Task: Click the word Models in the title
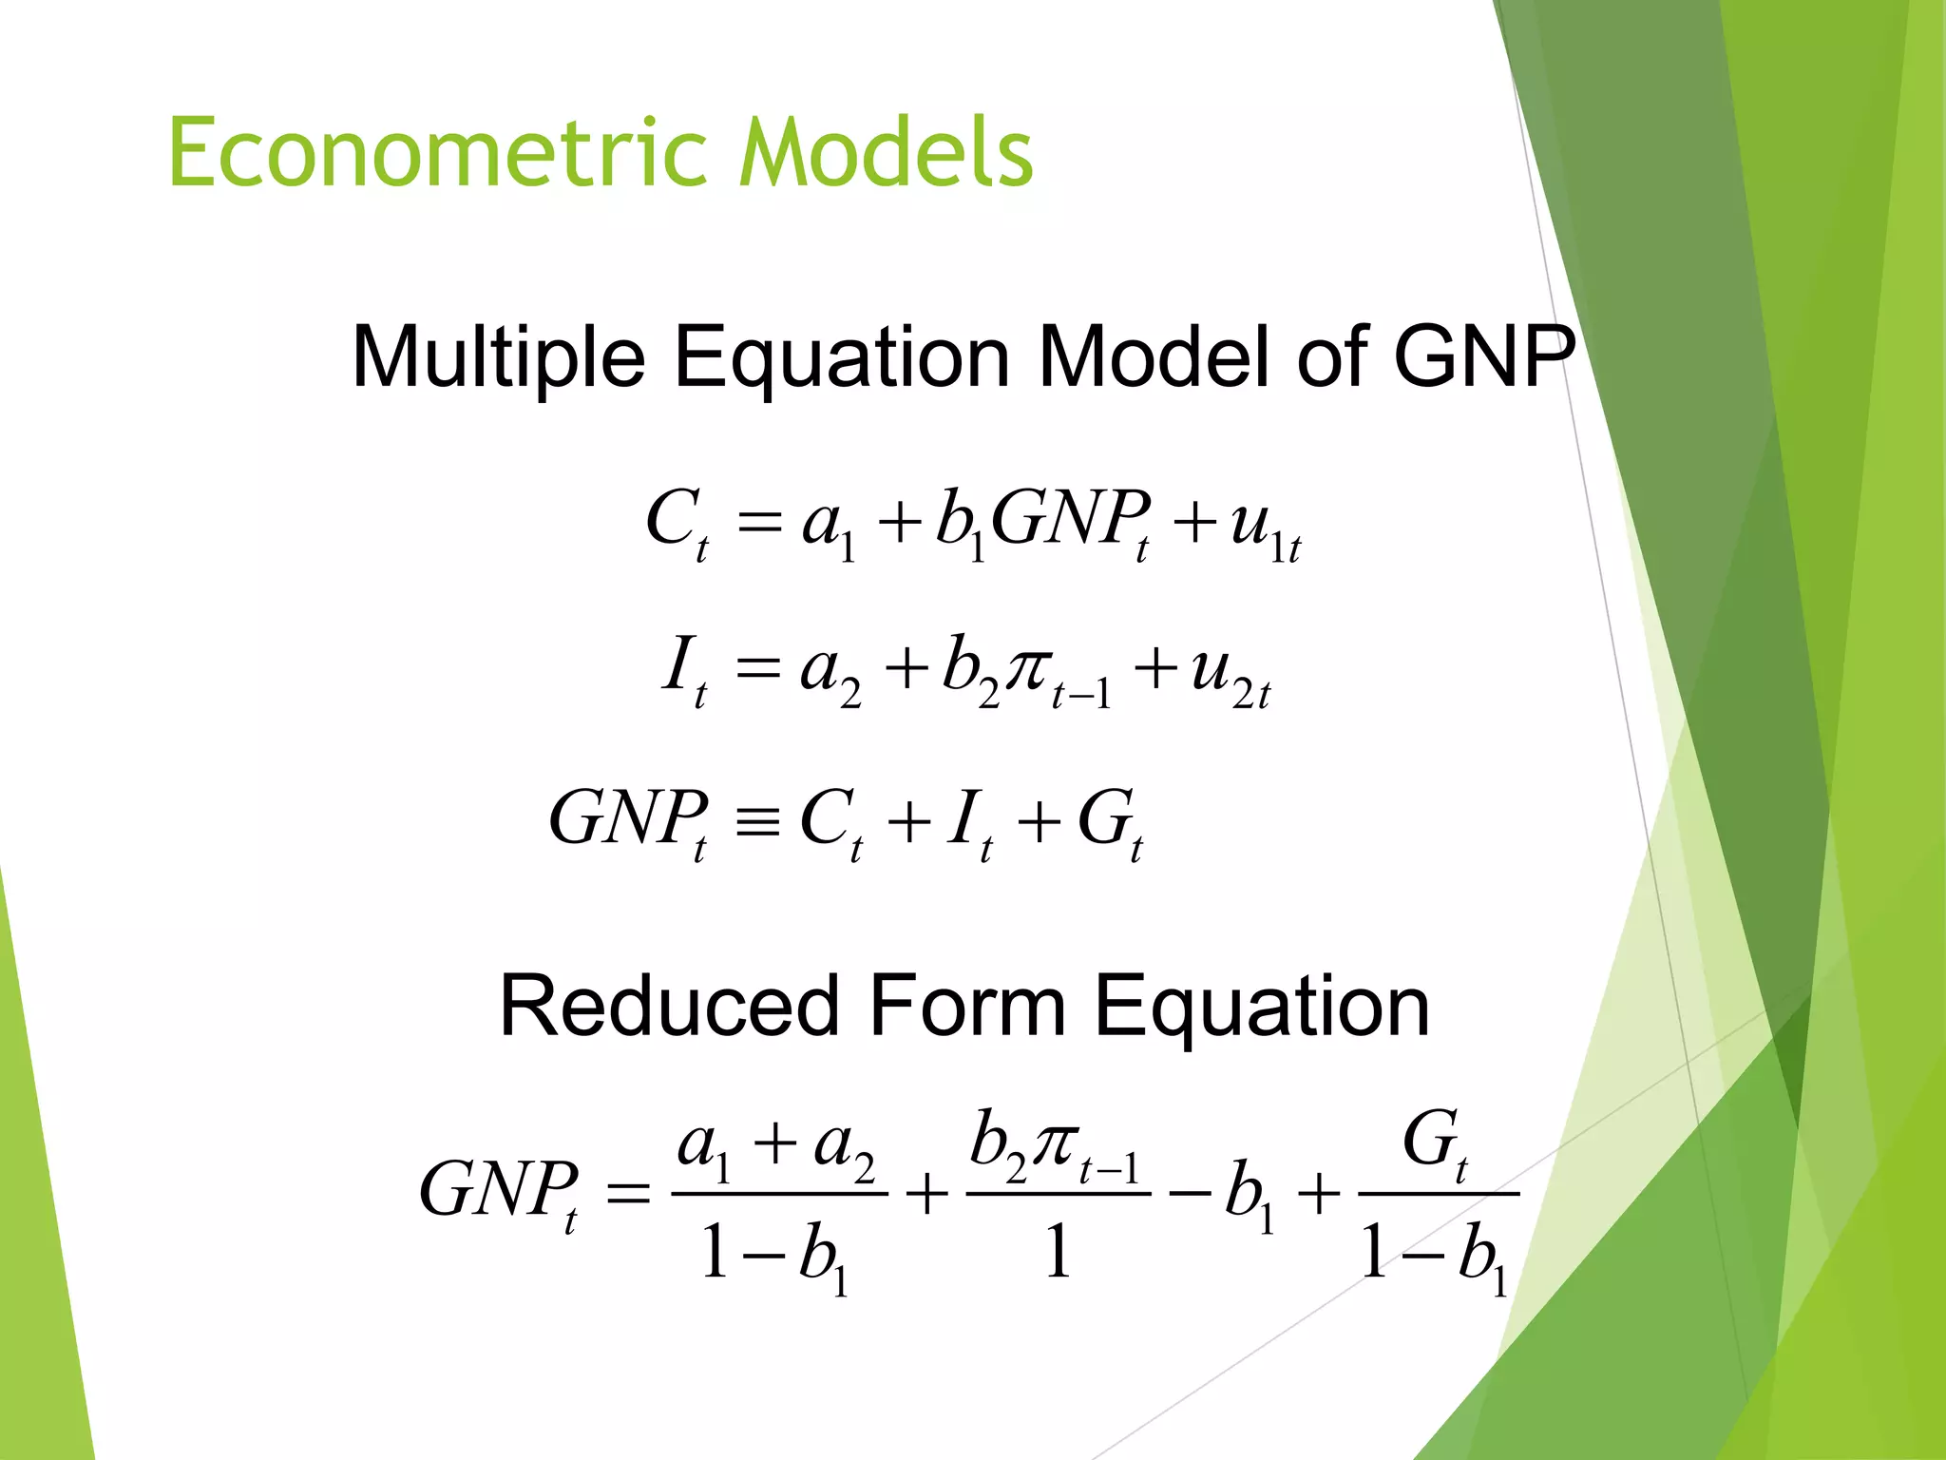[x=886, y=152]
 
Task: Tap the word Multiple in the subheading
[x=499, y=358]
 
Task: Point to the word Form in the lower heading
[x=966, y=1007]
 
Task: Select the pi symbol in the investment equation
[x=1029, y=667]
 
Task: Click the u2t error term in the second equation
[x=1230, y=672]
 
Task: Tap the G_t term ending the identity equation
[x=1109, y=821]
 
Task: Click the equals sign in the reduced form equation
[x=628, y=1193]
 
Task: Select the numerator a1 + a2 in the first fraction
[x=775, y=1145]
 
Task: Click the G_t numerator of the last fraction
[x=1436, y=1143]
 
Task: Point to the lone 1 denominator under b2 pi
[x=1058, y=1252]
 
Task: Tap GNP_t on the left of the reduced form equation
[x=499, y=1194]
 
